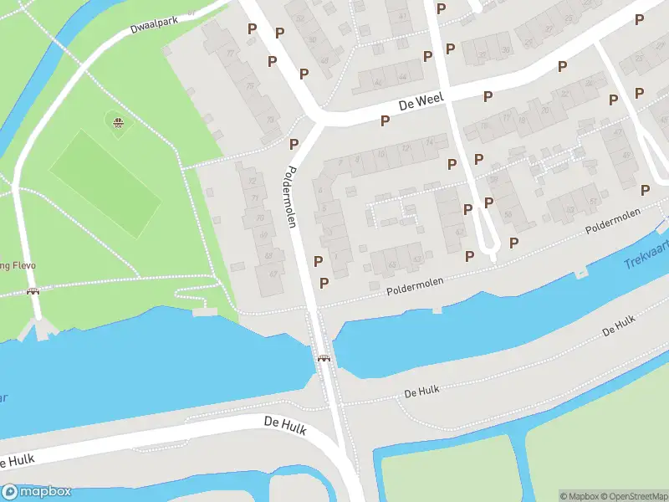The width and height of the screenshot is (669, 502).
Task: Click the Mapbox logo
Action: (x=37, y=492)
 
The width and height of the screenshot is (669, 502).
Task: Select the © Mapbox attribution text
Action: (x=579, y=495)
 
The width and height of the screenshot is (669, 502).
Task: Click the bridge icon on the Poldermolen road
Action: (x=323, y=358)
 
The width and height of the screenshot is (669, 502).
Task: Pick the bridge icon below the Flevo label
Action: (x=33, y=291)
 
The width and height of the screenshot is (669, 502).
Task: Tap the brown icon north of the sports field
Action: (x=119, y=123)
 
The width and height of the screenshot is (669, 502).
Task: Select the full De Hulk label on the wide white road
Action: (x=284, y=426)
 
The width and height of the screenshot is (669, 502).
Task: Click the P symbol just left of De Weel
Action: (x=385, y=120)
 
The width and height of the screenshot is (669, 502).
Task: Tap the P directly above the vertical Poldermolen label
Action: (x=294, y=144)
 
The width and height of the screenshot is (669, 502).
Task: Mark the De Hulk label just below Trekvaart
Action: (x=619, y=326)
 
